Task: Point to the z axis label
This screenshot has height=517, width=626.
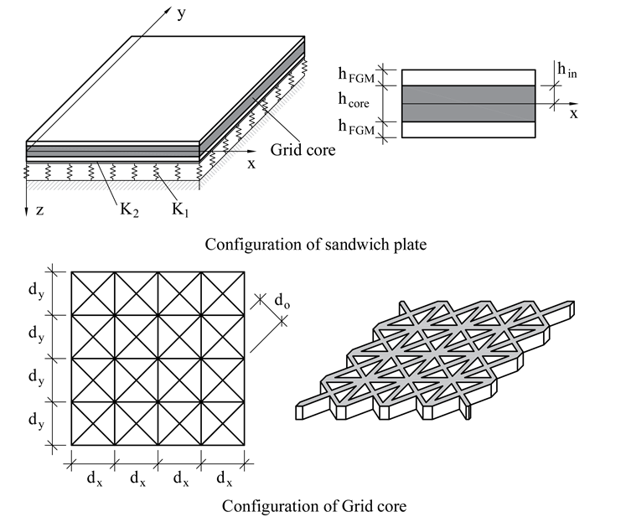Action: (39, 211)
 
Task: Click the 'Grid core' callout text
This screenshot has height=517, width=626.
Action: (303, 151)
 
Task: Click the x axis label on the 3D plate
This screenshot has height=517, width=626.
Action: (251, 164)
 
